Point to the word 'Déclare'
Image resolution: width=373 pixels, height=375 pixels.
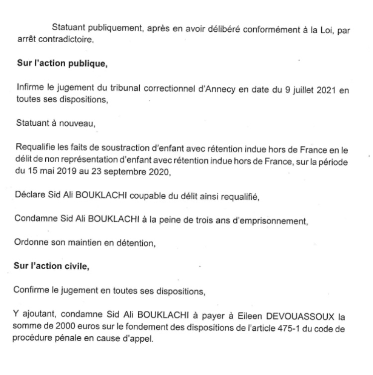30,196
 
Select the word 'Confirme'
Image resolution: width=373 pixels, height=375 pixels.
32,290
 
